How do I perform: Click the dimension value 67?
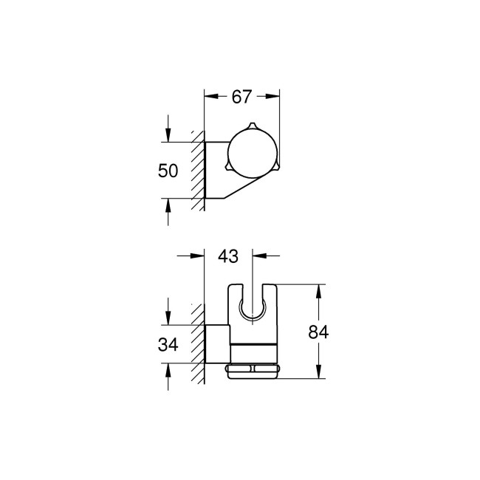241,96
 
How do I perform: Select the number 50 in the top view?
168,171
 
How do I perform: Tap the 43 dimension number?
229,256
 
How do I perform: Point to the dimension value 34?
168,345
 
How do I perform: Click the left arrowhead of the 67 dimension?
209,96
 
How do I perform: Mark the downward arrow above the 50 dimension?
168,135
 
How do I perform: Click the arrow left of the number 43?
198,256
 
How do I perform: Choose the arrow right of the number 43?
259,256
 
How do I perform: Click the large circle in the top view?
250,150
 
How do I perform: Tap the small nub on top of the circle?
251,123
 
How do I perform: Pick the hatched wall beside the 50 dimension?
197,170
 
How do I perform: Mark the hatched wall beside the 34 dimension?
197,343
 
